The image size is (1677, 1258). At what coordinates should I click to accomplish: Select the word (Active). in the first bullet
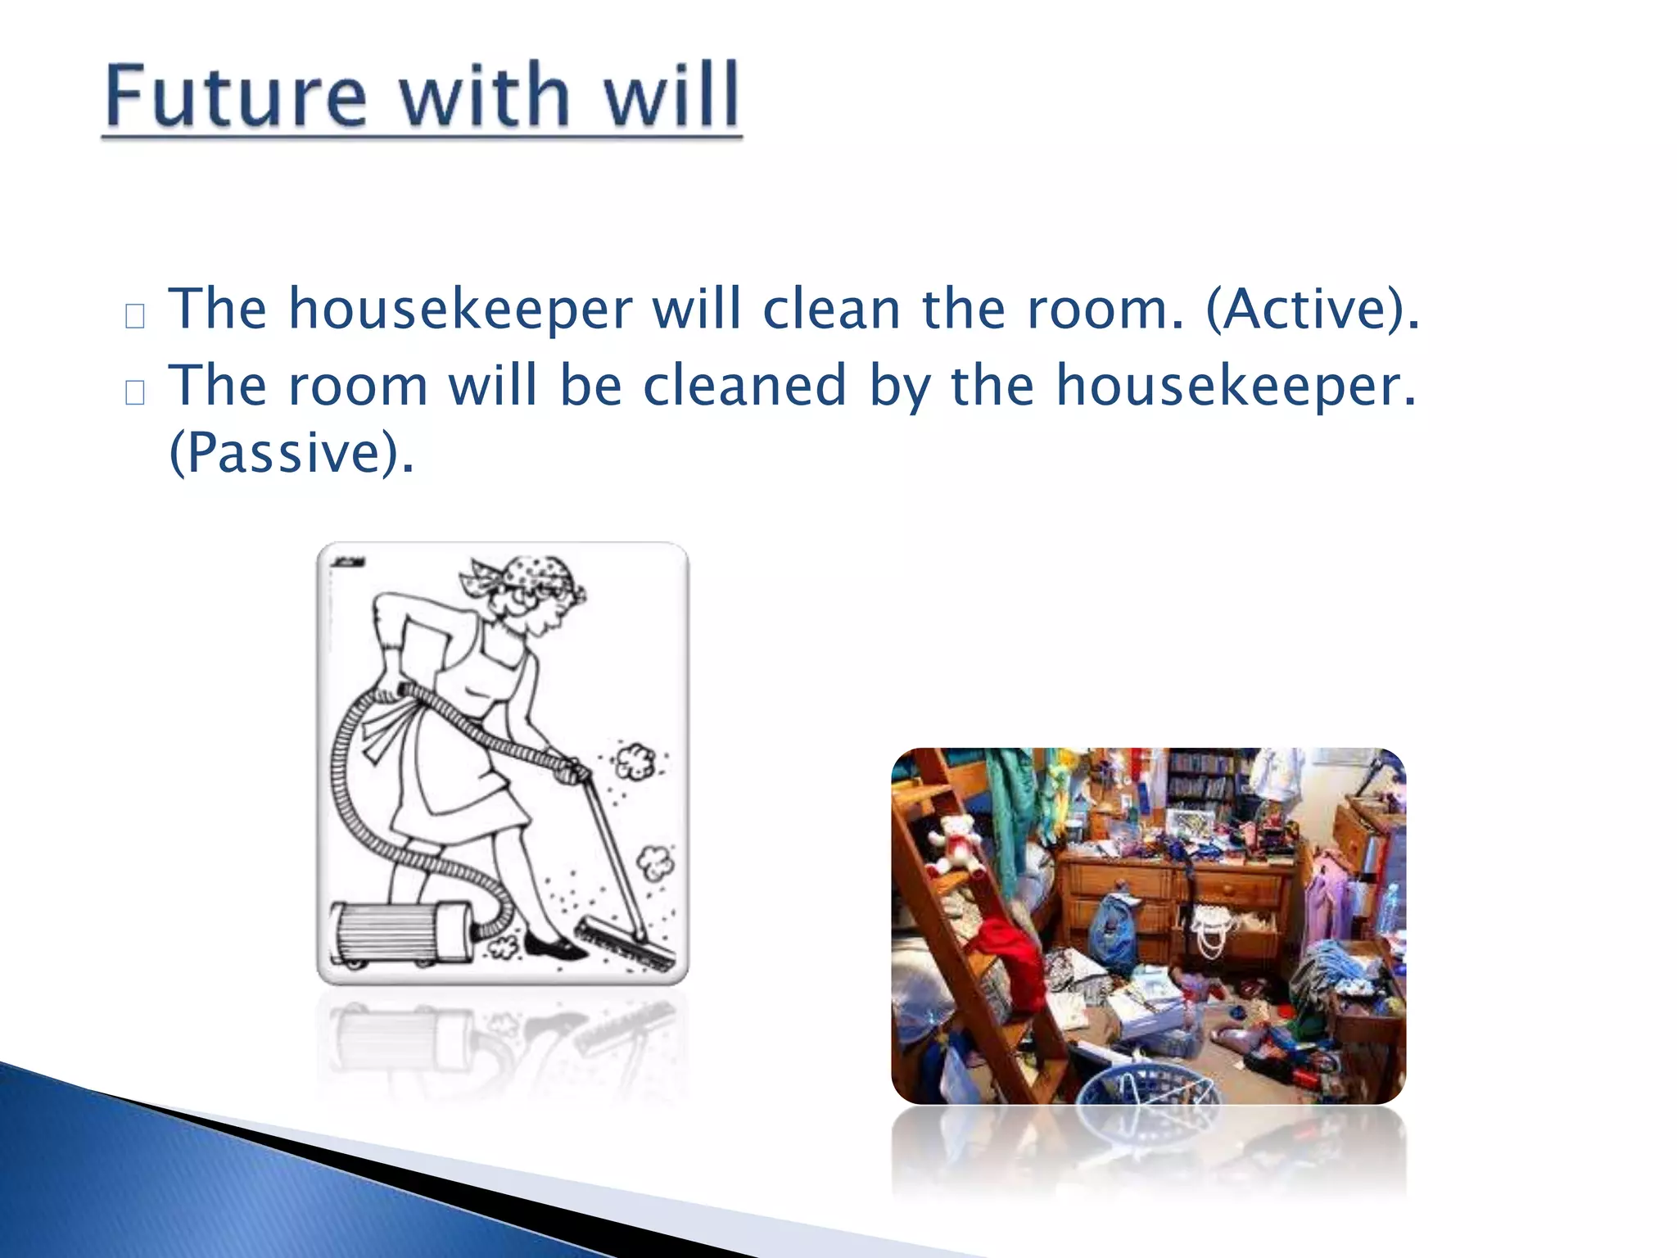pyautogui.click(x=1313, y=309)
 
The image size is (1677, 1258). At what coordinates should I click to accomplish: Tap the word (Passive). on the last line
pyautogui.click(x=291, y=452)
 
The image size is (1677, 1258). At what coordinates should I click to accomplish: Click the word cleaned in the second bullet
pyautogui.click(x=744, y=385)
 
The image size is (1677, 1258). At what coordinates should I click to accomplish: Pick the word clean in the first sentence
pyautogui.click(x=831, y=309)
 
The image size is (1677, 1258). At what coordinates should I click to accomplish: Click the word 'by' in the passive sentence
pyautogui.click(x=899, y=387)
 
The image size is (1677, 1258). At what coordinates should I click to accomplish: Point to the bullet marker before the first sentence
pyautogui.click(x=135, y=316)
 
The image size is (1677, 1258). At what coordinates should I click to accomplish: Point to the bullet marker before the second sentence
pyautogui.click(x=135, y=392)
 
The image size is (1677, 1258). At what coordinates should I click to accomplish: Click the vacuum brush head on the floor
pyautogui.click(x=626, y=946)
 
